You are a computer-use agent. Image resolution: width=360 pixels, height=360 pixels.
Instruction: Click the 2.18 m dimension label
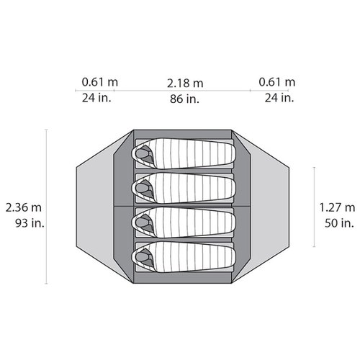tap(185, 84)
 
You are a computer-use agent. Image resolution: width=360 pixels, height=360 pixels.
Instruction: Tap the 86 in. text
tap(184, 99)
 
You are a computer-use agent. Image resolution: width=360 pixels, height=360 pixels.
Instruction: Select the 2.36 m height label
tap(24, 207)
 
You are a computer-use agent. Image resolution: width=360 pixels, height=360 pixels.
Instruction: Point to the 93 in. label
tap(30, 223)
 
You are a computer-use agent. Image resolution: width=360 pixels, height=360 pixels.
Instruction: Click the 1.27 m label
tap(337, 207)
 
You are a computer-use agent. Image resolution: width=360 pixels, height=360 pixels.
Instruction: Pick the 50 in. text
tap(339, 223)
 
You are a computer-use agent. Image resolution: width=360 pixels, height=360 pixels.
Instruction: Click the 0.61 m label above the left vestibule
tap(100, 82)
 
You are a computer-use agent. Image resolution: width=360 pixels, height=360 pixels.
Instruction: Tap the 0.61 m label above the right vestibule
tap(276, 82)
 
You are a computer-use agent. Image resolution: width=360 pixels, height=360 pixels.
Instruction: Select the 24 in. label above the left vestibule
tap(96, 98)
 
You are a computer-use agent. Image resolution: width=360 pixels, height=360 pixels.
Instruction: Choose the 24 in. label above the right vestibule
tap(279, 98)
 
